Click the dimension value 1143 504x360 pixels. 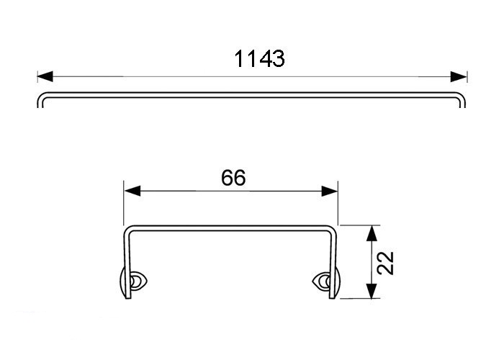pos(260,58)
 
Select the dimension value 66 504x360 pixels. pos(233,178)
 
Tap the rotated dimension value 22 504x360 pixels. pos(387,262)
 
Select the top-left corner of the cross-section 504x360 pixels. pos(128,231)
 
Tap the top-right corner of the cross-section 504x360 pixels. pos(333,231)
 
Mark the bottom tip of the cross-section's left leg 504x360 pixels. pos(130,297)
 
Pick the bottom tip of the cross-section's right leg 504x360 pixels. pos(332,297)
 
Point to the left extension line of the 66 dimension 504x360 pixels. pos(125,205)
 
